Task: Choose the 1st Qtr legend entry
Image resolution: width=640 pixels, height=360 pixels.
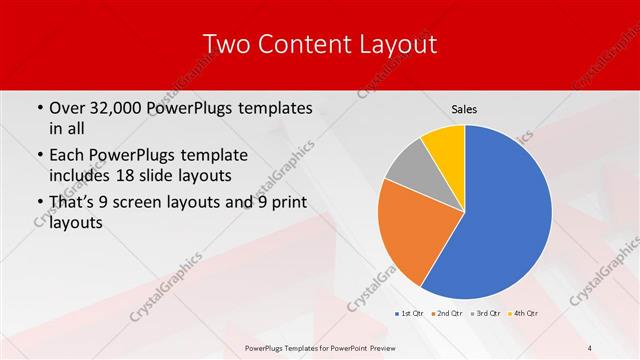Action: pos(410,314)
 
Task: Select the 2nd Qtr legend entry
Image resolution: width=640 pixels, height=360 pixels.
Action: pos(448,314)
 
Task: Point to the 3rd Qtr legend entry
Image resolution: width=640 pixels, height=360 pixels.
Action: pos(486,314)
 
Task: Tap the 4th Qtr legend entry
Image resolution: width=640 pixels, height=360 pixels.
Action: pos(524,314)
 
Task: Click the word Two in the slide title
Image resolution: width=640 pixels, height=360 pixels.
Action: pos(223,45)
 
